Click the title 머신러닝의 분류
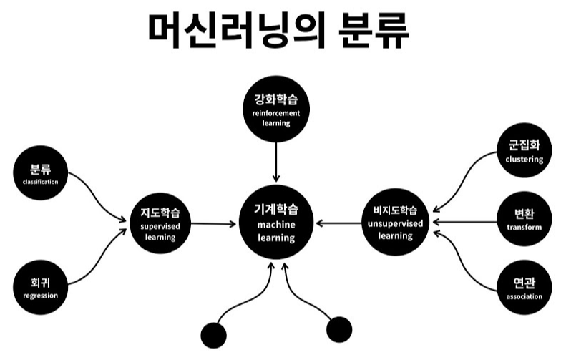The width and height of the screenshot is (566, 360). click(x=280, y=30)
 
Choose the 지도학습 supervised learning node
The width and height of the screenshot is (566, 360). click(x=161, y=223)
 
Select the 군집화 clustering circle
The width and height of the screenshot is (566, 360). click(x=524, y=152)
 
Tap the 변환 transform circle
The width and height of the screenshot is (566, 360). click(x=524, y=220)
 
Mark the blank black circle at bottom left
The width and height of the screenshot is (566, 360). click(x=214, y=334)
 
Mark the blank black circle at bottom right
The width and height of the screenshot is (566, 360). click(x=339, y=329)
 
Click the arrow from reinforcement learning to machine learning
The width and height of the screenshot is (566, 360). click(x=275, y=160)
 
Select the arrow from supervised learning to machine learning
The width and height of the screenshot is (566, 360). click(x=213, y=224)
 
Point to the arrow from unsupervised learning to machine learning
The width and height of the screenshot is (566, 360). click(x=339, y=223)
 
